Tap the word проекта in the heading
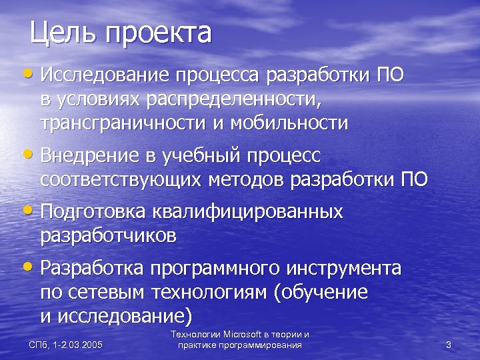tap(157, 33)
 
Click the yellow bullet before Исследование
tap(33, 72)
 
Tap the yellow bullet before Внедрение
tap(33, 154)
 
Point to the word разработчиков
tap(108, 235)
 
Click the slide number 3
tap(448, 345)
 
